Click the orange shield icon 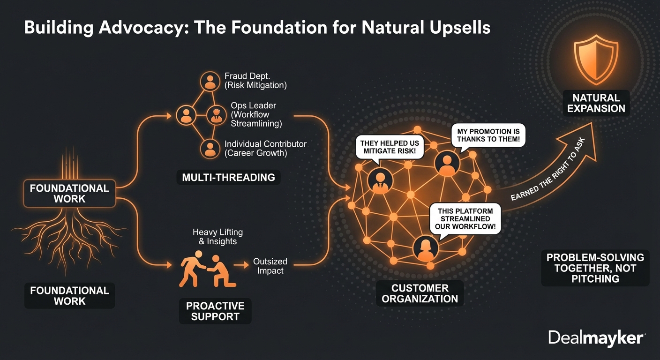596,60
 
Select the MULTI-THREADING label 228,177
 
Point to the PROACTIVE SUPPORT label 215,311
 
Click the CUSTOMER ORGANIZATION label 420,293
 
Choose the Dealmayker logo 597,338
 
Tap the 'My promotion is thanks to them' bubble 488,135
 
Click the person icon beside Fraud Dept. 210,81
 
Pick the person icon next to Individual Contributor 210,149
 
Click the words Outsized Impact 270,266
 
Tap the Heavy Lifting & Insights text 217,237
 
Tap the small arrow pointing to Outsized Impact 241,265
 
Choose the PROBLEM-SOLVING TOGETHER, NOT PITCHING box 595,268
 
